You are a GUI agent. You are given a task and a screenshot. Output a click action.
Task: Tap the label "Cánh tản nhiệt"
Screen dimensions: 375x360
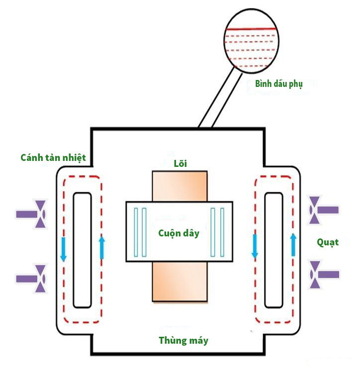(x=53, y=157)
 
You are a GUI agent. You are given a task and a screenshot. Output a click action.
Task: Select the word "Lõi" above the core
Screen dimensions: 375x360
(x=180, y=163)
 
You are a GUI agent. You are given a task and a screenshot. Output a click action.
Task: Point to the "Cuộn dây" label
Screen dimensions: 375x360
(x=179, y=233)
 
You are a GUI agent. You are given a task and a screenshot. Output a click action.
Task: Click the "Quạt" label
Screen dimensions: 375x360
(x=328, y=242)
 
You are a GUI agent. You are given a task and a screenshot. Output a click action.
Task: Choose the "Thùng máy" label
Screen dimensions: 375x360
(x=183, y=341)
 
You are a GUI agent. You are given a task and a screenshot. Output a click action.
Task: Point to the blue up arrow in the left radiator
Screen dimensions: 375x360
(x=102, y=247)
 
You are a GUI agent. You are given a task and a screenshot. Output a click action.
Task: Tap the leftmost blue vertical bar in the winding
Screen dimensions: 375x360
(x=136, y=232)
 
